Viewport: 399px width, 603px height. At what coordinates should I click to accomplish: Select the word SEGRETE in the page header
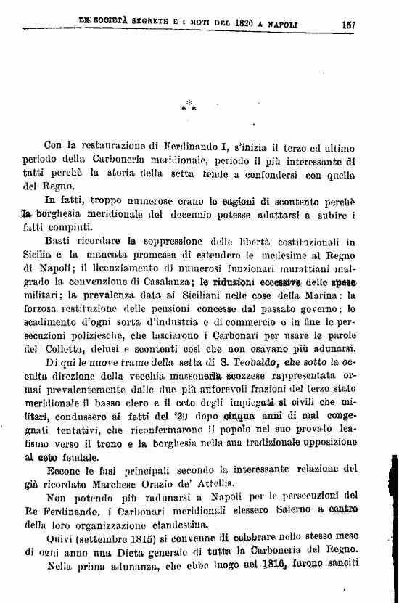pos(149,23)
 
